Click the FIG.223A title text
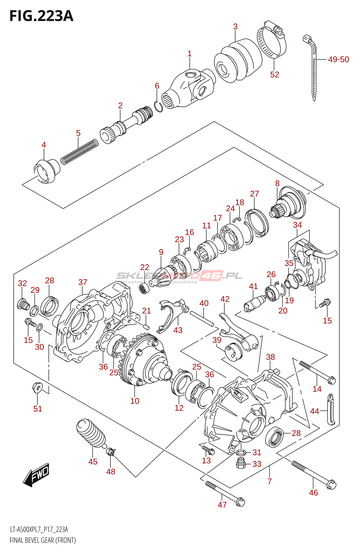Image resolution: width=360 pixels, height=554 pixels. (x=42, y=16)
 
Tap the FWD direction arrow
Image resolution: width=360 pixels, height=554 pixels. (x=36, y=474)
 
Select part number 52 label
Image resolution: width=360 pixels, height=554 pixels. (x=274, y=74)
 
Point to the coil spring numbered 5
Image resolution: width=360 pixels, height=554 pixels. (x=79, y=152)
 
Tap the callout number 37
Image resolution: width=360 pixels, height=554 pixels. (x=83, y=282)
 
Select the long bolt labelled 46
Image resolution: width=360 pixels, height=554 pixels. (x=313, y=474)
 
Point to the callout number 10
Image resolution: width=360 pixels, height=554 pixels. (x=135, y=401)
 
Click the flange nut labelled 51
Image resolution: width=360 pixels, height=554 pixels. (x=37, y=387)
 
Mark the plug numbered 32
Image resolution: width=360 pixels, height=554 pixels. (x=23, y=305)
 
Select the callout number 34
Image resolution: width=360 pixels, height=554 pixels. (x=297, y=225)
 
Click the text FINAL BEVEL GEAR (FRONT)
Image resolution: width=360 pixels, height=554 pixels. (x=43, y=540)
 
